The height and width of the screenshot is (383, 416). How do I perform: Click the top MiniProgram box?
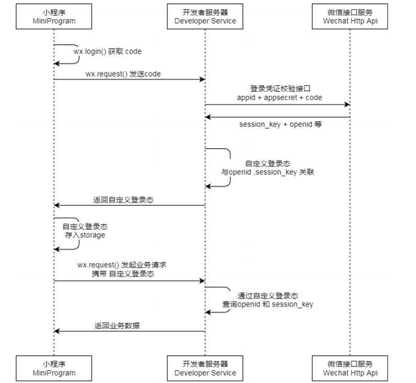click(54, 16)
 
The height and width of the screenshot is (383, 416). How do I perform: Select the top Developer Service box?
click(205, 16)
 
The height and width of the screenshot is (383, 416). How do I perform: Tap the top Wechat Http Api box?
click(350, 16)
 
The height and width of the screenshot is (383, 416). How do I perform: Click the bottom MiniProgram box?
click(54, 368)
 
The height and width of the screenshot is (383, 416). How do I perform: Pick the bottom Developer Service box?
click(205, 368)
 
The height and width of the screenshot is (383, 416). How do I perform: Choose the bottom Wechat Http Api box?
click(350, 368)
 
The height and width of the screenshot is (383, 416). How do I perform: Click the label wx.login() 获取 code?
click(108, 51)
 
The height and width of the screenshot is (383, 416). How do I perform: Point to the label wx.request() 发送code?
click(123, 74)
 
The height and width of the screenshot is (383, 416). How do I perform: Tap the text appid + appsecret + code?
click(279, 98)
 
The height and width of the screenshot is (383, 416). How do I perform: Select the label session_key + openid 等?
click(280, 124)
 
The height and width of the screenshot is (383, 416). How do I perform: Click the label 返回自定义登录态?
click(123, 200)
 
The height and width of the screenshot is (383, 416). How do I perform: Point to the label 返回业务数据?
click(117, 326)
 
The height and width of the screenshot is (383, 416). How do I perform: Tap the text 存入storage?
click(85, 235)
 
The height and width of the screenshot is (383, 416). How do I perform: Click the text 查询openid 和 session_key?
click(268, 304)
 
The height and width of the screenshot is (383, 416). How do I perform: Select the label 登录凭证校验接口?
click(280, 89)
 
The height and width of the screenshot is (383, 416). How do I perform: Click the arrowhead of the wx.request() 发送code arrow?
click(202, 79)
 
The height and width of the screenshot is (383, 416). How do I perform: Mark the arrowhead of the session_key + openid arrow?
click(208, 117)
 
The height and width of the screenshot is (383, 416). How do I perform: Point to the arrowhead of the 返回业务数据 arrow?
click(57, 331)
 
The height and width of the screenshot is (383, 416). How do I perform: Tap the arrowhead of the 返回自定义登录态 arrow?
click(57, 205)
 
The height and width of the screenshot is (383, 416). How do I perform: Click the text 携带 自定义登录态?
click(123, 274)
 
